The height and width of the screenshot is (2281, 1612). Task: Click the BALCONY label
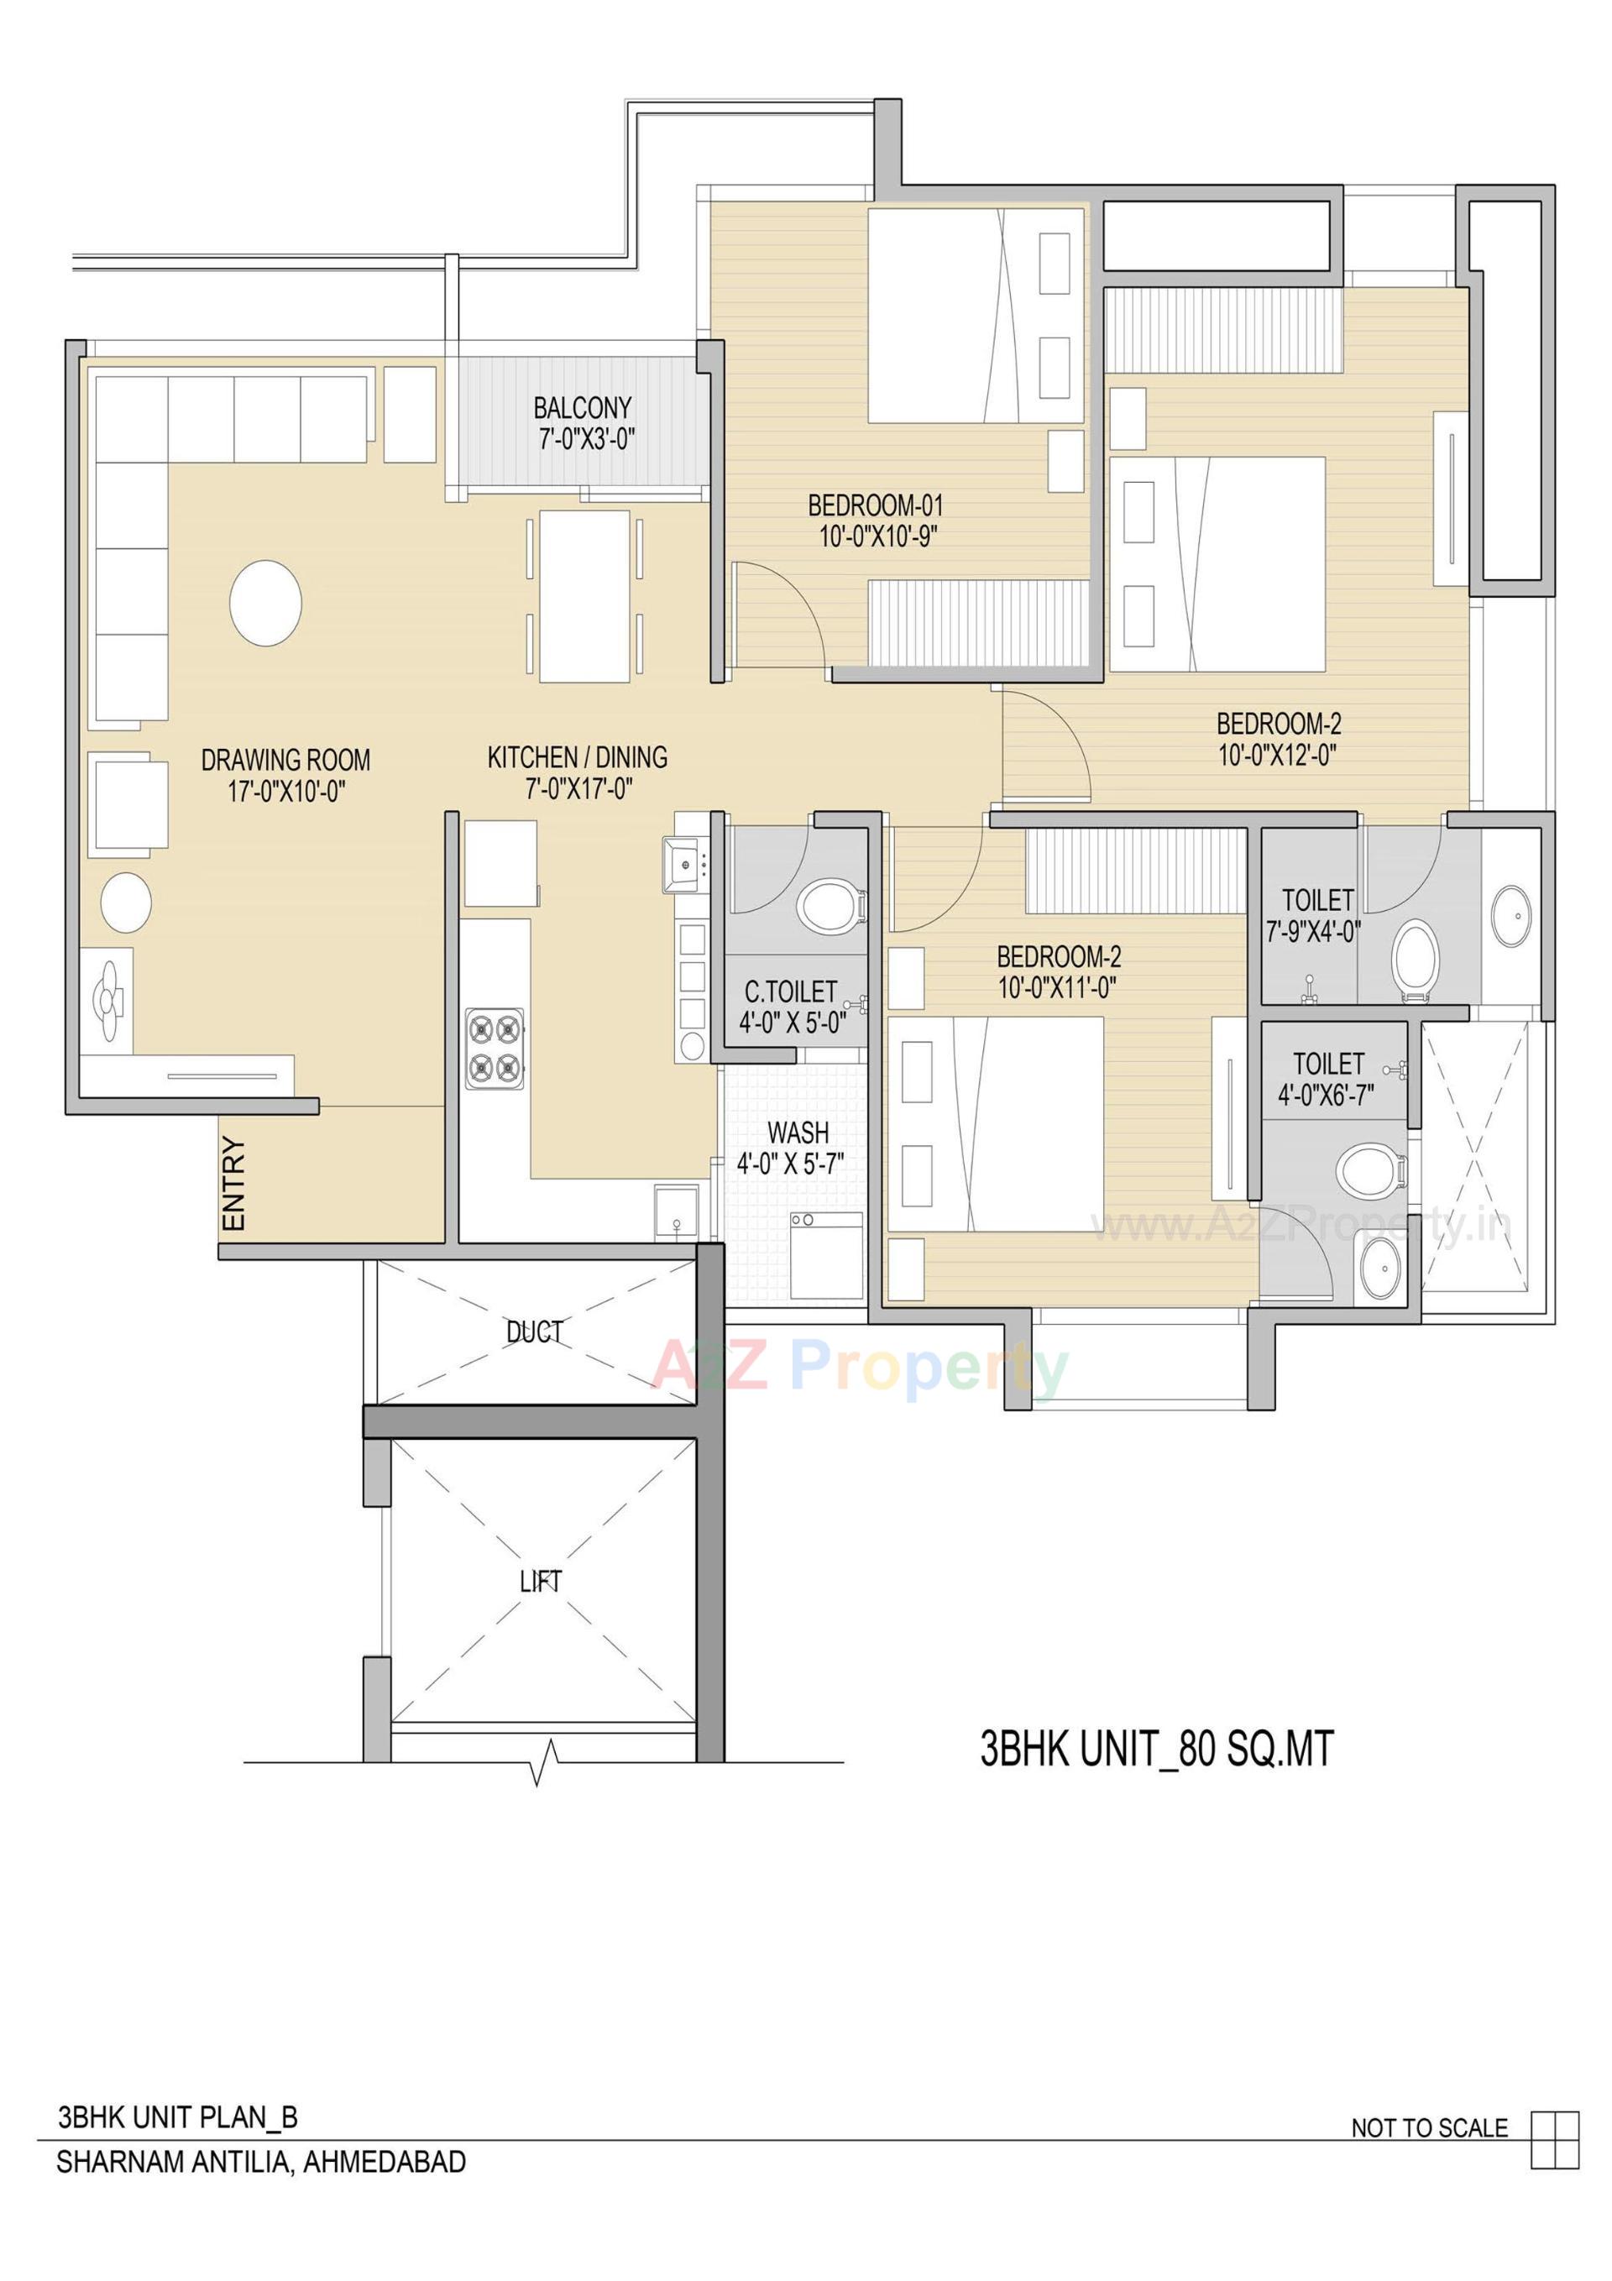coord(583,408)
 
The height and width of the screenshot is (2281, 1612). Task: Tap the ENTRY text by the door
coord(233,1185)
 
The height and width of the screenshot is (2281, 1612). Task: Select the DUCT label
coord(535,1332)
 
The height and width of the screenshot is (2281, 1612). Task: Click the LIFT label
coord(541,1581)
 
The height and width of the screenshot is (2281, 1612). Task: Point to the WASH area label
coord(797,1133)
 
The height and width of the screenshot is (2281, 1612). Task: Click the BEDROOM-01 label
coord(876,505)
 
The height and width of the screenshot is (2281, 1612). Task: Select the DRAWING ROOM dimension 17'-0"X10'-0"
coord(285,792)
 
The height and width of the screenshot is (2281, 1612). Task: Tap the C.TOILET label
coord(790,991)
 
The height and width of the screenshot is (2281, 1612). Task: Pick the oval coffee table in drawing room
coord(265,603)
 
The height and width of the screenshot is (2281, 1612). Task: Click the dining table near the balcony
coord(584,596)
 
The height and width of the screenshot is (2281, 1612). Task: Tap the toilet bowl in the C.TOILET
coord(829,905)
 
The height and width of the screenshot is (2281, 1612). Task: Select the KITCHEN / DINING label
coord(577,758)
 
